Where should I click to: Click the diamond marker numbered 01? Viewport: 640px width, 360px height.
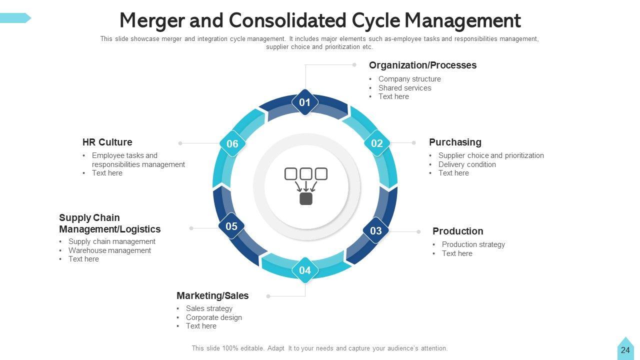pyautogui.click(x=305, y=102)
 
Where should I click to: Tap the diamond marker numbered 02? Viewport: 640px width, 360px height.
pyautogui.click(x=376, y=143)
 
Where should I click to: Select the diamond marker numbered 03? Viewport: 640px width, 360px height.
pyautogui.click(x=375, y=230)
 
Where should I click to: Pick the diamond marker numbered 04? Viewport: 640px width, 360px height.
pyautogui.click(x=305, y=270)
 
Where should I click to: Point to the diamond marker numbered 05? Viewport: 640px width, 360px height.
pyautogui.click(x=231, y=226)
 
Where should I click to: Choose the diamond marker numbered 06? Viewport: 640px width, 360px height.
pyautogui.click(x=232, y=144)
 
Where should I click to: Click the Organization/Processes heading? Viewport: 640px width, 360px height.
pyautogui.click(x=422, y=65)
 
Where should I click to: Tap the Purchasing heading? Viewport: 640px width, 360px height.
pyautogui.click(x=455, y=142)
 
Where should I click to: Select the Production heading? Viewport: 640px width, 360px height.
pyautogui.click(x=457, y=231)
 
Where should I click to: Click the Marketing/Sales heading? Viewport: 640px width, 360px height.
pyautogui.click(x=212, y=295)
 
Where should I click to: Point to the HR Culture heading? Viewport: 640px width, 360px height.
pyautogui.click(x=107, y=142)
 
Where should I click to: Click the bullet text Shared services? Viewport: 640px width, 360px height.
pyautogui.click(x=404, y=88)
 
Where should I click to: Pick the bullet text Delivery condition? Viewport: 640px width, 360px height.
pyautogui.click(x=467, y=164)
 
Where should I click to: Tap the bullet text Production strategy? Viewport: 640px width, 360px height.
pyautogui.click(x=473, y=244)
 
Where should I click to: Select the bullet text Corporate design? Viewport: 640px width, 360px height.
pyautogui.click(x=213, y=317)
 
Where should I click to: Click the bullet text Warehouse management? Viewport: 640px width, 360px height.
pyautogui.click(x=109, y=250)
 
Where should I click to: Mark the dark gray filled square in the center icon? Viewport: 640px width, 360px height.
pyautogui.click(x=306, y=199)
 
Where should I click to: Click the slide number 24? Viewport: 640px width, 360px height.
pyautogui.click(x=625, y=350)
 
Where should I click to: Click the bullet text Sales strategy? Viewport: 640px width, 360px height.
pyautogui.click(x=209, y=308)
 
